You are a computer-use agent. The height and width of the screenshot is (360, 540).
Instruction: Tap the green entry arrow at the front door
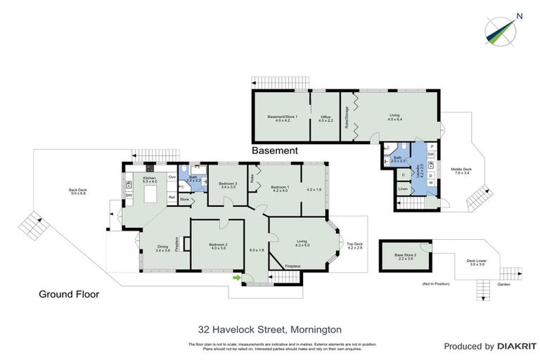pos(237,278)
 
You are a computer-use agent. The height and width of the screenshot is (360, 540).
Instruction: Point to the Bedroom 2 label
pos(217,246)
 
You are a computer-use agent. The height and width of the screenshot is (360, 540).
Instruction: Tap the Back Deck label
pos(77,192)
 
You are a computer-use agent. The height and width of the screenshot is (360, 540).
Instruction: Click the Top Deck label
pos(354,245)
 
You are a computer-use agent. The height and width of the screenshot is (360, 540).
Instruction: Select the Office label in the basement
pos(325,118)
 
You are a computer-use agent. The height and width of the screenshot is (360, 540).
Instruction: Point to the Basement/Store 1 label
pos(283,118)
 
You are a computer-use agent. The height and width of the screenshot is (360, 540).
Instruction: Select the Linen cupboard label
pos(403,188)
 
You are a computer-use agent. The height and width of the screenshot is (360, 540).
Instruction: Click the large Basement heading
pos(275,150)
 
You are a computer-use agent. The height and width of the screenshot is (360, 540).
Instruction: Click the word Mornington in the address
pos(314,329)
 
